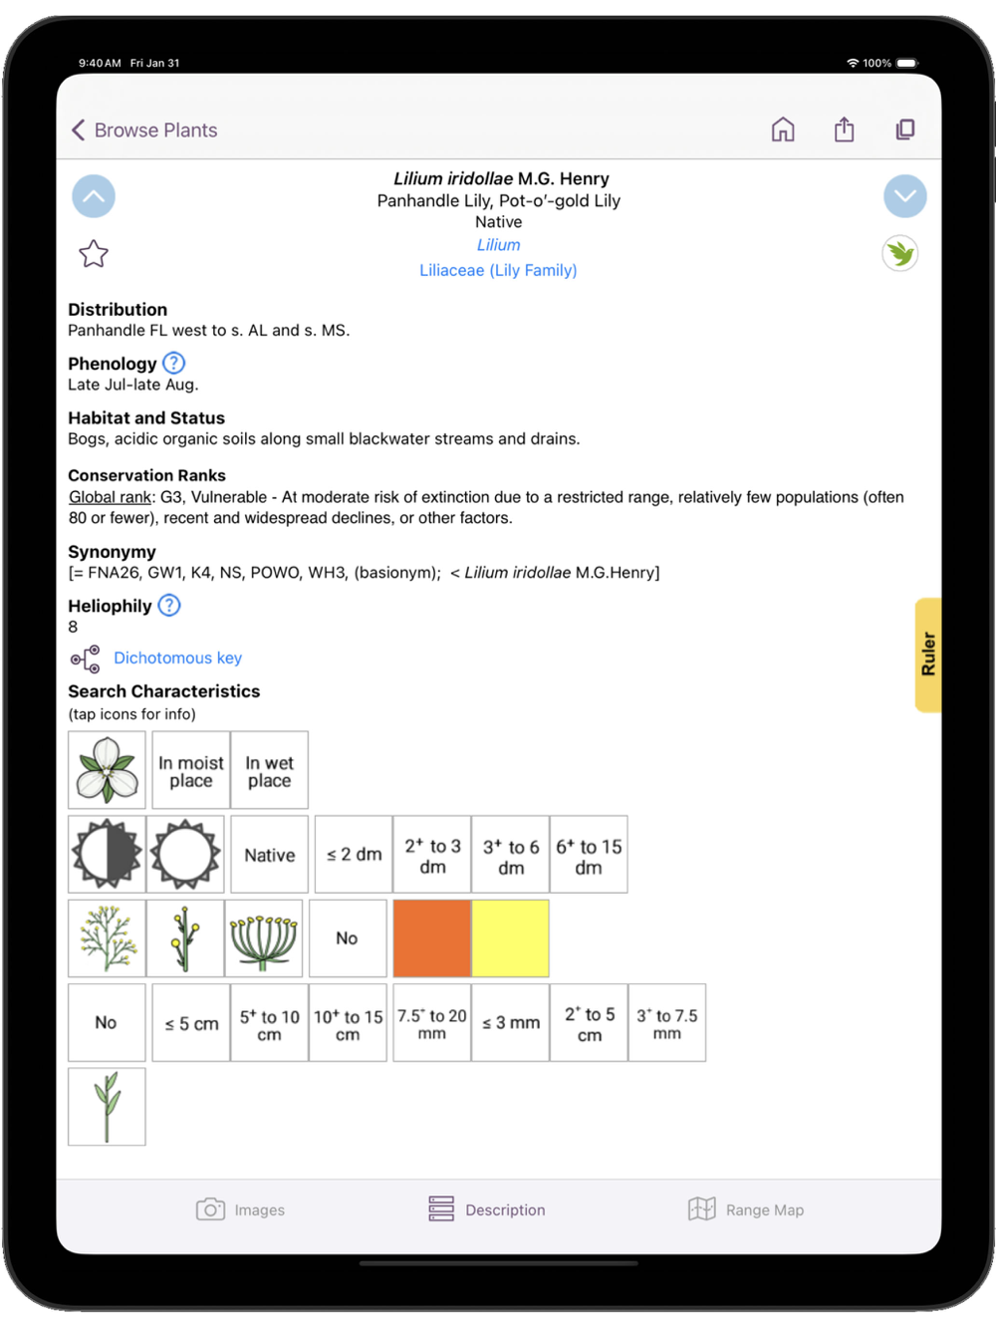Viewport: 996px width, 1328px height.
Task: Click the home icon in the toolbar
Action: (783, 130)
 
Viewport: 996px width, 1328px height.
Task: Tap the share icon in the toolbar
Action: (844, 130)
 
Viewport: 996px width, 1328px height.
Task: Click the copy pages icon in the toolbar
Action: (904, 130)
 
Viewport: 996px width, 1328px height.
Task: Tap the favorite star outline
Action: (94, 254)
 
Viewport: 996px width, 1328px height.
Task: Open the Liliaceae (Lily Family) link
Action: (498, 270)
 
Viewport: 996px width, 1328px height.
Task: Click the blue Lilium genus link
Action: (498, 245)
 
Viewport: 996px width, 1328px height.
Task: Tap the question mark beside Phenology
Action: (174, 363)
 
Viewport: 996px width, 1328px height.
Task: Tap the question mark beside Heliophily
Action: (169, 605)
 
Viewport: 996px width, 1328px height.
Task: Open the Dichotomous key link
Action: (177, 658)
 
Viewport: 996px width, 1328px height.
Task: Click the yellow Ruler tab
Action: (928, 655)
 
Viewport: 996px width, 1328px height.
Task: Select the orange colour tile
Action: (431, 938)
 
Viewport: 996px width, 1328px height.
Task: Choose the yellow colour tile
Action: (510, 938)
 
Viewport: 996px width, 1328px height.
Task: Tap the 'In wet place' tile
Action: (269, 771)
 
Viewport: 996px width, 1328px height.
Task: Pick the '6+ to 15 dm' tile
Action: (589, 855)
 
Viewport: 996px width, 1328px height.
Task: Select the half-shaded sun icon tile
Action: (107, 855)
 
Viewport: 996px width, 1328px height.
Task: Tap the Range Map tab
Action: (746, 1209)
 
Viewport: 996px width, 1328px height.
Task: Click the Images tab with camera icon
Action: (240, 1209)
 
